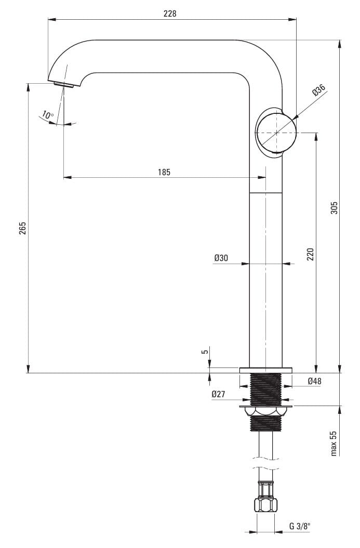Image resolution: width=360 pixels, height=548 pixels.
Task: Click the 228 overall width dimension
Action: click(x=170, y=14)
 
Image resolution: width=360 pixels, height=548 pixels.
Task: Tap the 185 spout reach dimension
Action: click(x=164, y=172)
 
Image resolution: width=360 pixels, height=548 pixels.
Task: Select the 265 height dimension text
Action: click(x=23, y=228)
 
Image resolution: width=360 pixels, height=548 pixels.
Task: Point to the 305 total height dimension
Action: click(x=334, y=207)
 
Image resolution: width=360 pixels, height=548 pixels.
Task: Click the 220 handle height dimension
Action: click(x=310, y=254)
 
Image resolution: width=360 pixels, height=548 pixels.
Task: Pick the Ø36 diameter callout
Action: click(x=319, y=89)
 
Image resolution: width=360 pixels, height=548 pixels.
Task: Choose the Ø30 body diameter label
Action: click(x=221, y=258)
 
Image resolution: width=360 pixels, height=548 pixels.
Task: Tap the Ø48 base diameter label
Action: click(x=315, y=381)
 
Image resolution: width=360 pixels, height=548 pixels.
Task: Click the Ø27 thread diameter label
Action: click(x=218, y=394)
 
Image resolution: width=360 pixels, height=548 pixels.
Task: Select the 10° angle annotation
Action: click(x=47, y=114)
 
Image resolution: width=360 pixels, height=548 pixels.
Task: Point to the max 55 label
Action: click(x=334, y=443)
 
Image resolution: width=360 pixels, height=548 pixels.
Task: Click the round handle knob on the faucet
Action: click(x=276, y=133)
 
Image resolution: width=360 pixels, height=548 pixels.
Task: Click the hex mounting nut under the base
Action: click(x=266, y=411)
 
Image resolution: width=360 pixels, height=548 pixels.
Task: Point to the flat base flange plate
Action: click(x=265, y=370)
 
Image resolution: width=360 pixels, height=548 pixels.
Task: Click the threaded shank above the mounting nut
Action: click(x=266, y=389)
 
